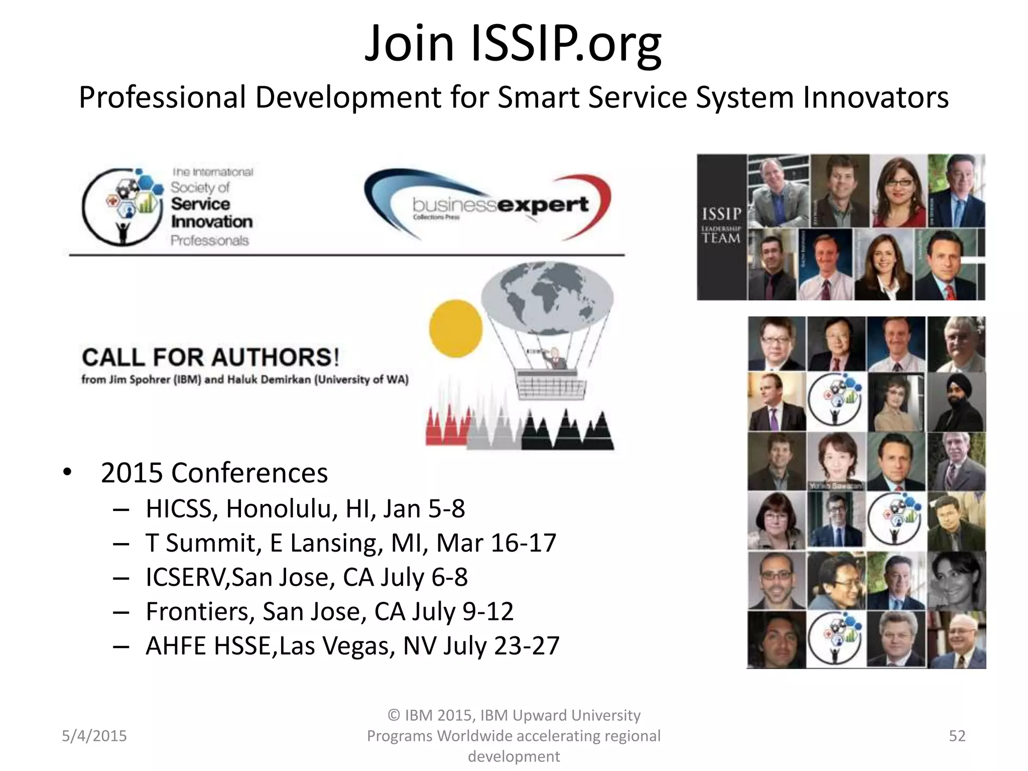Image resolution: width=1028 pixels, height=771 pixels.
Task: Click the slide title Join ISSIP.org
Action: tap(513, 44)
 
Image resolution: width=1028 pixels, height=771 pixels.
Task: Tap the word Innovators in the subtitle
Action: tap(875, 97)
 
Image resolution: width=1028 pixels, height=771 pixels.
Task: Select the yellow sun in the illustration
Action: tap(455, 329)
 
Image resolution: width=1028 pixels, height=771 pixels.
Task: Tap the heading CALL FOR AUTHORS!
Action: tap(211, 357)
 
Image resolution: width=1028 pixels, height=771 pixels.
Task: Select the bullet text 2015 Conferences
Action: tap(214, 473)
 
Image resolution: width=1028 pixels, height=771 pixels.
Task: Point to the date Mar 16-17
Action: tap(496, 543)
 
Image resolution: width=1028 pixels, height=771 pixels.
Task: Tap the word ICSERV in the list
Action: tap(186, 577)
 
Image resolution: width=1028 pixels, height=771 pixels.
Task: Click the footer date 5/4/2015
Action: tap(94, 736)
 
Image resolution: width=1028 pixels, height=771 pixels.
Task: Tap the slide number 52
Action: tap(957, 736)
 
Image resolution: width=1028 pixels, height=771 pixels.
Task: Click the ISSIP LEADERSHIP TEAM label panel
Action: tap(721, 227)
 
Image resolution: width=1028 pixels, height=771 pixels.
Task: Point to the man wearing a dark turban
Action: tap(956, 402)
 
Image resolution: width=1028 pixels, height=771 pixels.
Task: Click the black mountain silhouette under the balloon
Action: tap(567, 432)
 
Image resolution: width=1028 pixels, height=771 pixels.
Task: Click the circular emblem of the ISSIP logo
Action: tap(122, 207)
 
